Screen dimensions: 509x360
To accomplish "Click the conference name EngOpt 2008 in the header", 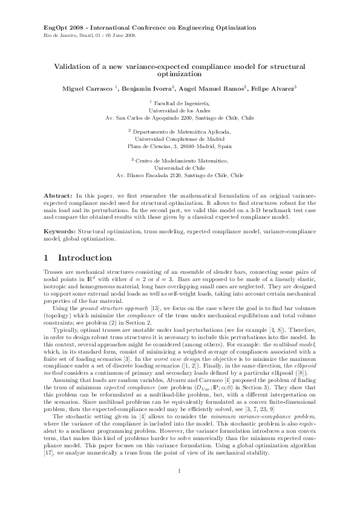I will (65, 28).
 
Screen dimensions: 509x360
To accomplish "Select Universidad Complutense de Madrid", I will (180, 138).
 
